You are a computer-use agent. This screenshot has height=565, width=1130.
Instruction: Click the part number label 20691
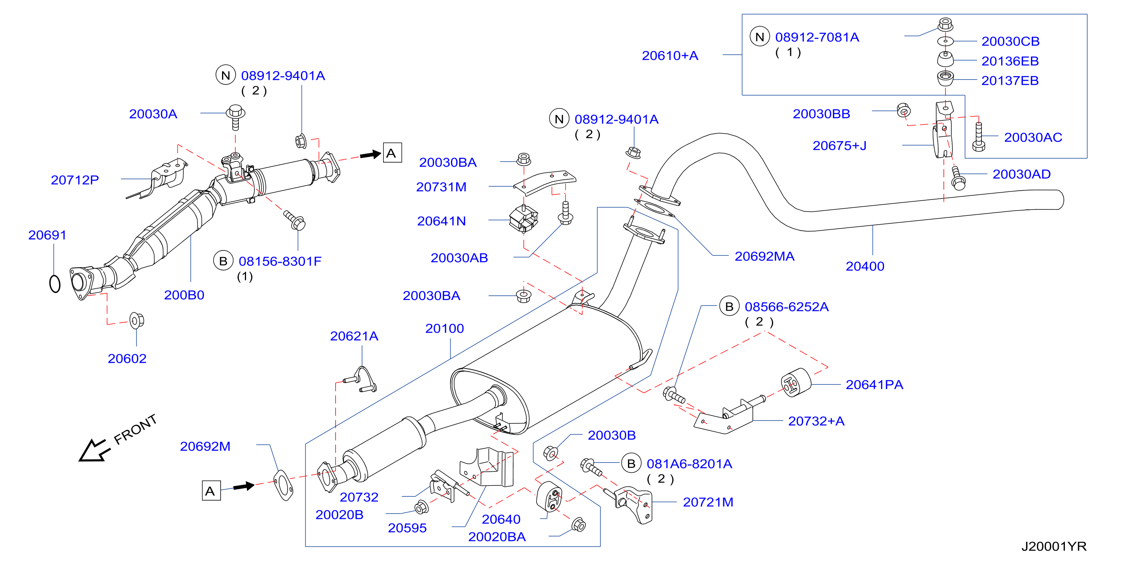47,235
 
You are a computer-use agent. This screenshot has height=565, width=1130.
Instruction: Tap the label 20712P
75,180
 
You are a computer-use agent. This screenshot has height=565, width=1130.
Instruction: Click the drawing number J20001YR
1054,546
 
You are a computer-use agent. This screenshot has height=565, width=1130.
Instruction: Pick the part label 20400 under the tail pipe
865,266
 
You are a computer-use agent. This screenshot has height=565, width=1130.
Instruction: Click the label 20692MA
765,256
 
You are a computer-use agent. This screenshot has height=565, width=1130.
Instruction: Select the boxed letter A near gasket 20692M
211,490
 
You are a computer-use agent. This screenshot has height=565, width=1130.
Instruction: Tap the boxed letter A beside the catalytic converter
392,153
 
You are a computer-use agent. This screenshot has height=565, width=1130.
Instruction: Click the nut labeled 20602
136,321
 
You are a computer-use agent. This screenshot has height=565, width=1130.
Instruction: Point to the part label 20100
444,329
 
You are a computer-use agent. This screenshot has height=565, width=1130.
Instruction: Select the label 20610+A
670,56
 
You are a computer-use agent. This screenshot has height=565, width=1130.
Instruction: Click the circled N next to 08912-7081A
760,37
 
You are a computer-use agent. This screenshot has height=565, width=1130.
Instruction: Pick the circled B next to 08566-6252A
729,306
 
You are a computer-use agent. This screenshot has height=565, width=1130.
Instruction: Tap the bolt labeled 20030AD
958,178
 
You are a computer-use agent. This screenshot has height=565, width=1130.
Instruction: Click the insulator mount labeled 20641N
523,218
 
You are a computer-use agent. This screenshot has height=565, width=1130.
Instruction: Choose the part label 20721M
708,502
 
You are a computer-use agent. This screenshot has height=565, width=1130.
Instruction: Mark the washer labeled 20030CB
945,41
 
